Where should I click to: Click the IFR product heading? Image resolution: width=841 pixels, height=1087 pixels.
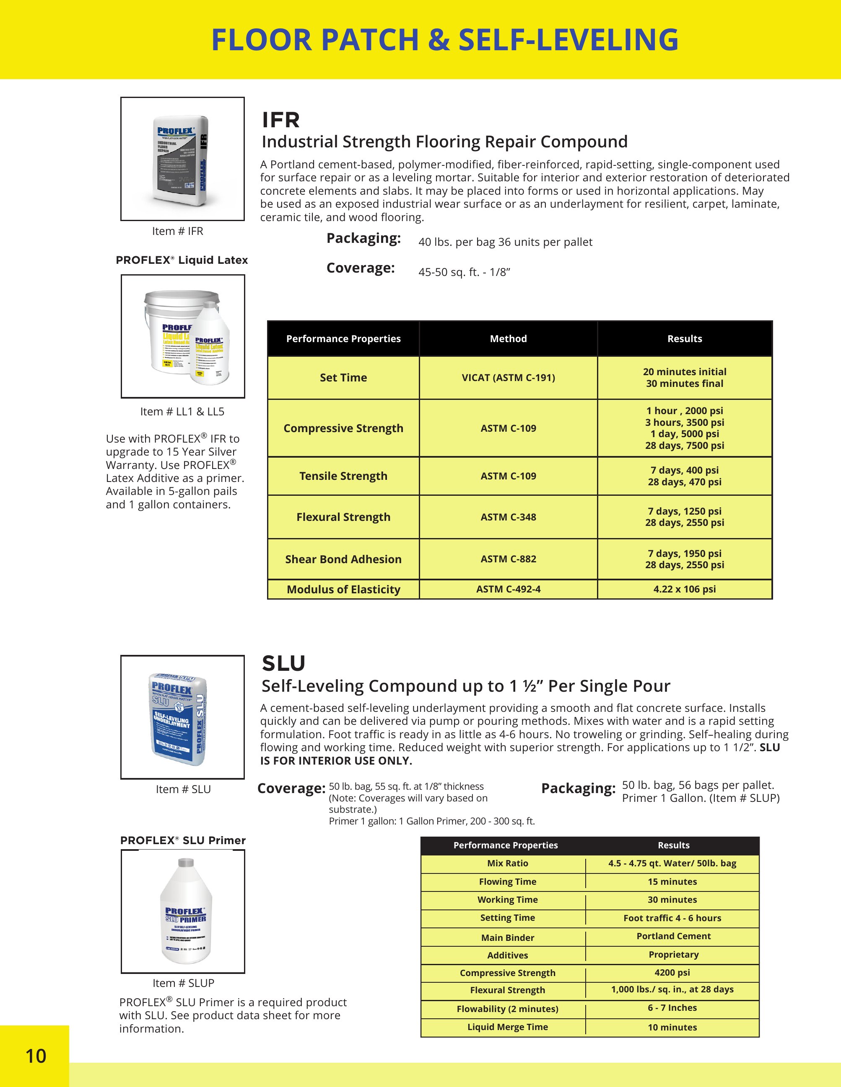pos(281,120)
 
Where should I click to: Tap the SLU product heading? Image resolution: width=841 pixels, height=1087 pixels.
pos(283,663)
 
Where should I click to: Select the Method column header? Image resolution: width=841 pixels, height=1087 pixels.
pos(508,338)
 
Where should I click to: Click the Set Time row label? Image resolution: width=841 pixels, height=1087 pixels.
pos(343,377)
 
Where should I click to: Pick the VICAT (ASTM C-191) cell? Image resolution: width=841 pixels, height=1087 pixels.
pos(508,377)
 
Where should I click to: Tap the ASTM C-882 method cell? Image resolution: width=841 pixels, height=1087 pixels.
pos(508,559)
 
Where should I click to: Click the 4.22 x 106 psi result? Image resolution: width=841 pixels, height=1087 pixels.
pos(685,589)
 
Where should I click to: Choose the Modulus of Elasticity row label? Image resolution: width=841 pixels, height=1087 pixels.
pos(343,589)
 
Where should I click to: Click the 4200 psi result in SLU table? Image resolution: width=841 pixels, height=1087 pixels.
pos(672,972)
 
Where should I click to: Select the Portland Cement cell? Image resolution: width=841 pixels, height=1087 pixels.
pos(674,936)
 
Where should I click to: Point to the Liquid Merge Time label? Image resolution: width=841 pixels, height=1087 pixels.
pos(507,1027)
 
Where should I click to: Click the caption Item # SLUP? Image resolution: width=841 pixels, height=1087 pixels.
pos(183,983)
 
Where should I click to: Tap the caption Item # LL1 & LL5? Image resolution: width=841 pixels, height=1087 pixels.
pos(182,412)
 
